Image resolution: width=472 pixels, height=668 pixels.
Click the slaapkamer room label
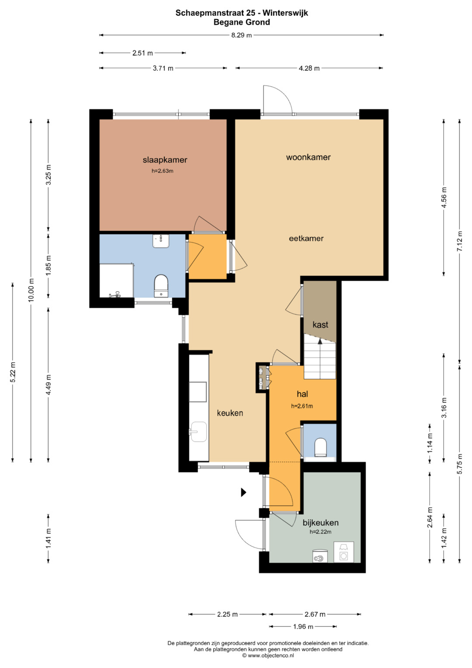165,160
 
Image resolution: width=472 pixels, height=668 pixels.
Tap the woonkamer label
309,157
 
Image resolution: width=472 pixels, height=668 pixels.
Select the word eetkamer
306,238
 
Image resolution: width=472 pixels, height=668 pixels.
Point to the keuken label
230,413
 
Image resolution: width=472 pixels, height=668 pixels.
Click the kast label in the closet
320,325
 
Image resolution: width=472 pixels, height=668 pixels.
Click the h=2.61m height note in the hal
302,406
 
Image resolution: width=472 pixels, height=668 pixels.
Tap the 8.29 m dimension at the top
241,35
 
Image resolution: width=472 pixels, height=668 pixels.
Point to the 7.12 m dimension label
459,241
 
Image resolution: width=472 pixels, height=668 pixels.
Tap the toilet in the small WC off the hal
321,448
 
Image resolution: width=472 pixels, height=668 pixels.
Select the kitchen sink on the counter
198,431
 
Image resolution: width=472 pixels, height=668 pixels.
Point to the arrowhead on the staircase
320,341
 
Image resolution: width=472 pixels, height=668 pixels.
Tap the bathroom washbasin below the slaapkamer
161,241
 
